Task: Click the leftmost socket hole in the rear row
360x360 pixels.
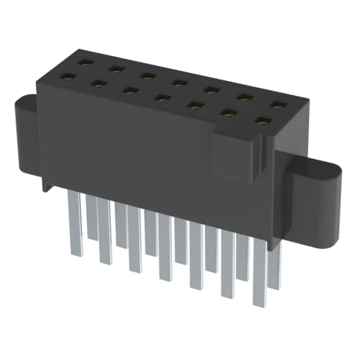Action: (84, 63)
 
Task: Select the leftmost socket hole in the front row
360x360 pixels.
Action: (67, 76)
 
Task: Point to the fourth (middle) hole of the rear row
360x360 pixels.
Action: (179, 83)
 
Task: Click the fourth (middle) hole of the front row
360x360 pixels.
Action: (163, 98)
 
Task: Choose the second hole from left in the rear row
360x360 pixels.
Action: (116, 69)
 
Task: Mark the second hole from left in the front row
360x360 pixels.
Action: (99, 83)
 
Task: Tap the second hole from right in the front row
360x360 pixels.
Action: (228, 112)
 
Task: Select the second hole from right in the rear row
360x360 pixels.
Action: (244, 97)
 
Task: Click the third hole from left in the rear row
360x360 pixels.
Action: (148, 76)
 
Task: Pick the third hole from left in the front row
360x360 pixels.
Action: (130, 90)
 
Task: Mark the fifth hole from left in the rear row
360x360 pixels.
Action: (211, 90)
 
